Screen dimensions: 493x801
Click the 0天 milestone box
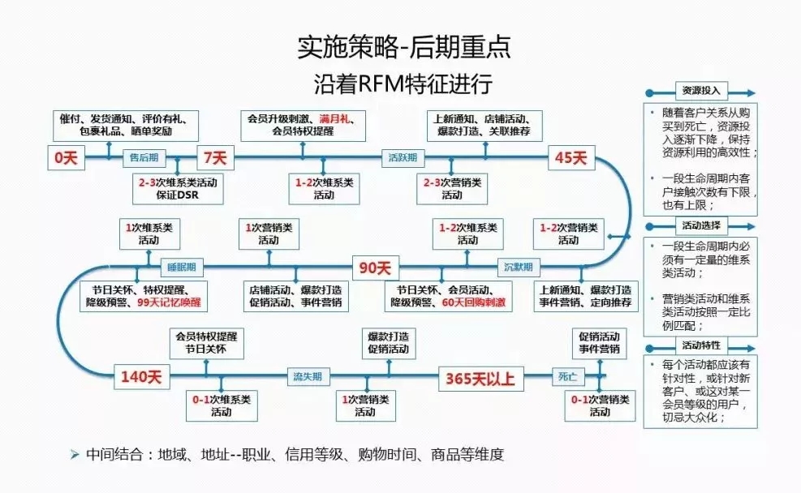click(66, 158)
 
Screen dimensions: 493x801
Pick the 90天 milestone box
click(375, 266)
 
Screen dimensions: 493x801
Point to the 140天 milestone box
click(143, 376)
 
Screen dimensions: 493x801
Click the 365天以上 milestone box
click(480, 377)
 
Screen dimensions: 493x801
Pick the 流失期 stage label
click(308, 376)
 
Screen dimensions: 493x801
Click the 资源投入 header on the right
click(696, 91)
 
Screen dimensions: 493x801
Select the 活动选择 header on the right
click(696, 225)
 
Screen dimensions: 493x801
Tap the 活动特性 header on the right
click(696, 345)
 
